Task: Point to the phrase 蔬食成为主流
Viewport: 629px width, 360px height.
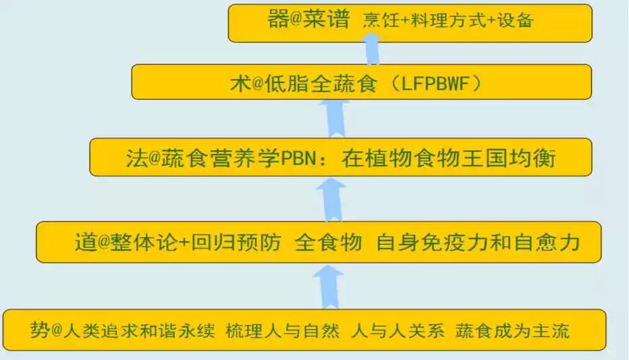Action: pyautogui.click(x=512, y=331)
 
